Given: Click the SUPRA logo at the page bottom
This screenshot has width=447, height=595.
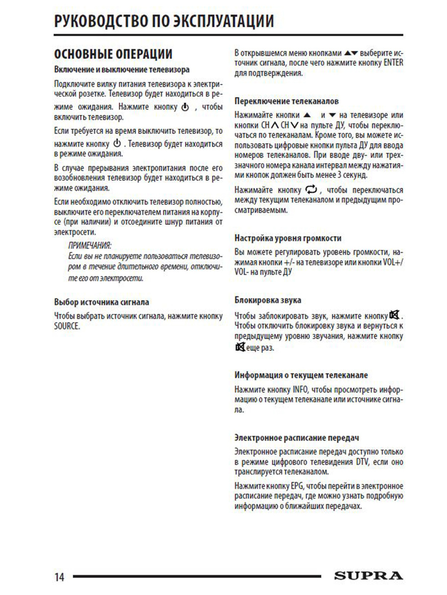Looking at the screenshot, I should pyautogui.click(x=368, y=576).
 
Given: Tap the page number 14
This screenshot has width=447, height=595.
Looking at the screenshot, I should pyautogui.click(x=59, y=577).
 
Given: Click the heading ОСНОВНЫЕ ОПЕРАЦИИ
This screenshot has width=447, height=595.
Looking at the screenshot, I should pyautogui.click(x=113, y=54).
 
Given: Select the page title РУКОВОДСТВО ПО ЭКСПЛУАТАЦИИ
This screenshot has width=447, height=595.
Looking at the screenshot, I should pyautogui.click(x=164, y=22).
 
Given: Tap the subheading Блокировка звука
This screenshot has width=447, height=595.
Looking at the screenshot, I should pyautogui.click(x=268, y=300).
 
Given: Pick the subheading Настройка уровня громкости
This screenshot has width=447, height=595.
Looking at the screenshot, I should pyautogui.click(x=288, y=238).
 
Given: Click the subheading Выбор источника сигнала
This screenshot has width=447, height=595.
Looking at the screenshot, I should pyautogui.click(x=101, y=302).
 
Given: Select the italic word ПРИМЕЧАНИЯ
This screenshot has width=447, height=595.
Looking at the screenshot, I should pyautogui.click(x=89, y=246).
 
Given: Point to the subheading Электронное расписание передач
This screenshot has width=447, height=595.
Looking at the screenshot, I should pyautogui.click(x=297, y=438).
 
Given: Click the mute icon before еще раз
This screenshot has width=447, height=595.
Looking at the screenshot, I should pyautogui.click(x=240, y=348).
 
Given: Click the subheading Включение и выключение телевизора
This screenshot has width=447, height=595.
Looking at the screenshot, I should pyautogui.click(x=121, y=69).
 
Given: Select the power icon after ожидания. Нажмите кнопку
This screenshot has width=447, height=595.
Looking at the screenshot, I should pyautogui.click(x=185, y=107).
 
